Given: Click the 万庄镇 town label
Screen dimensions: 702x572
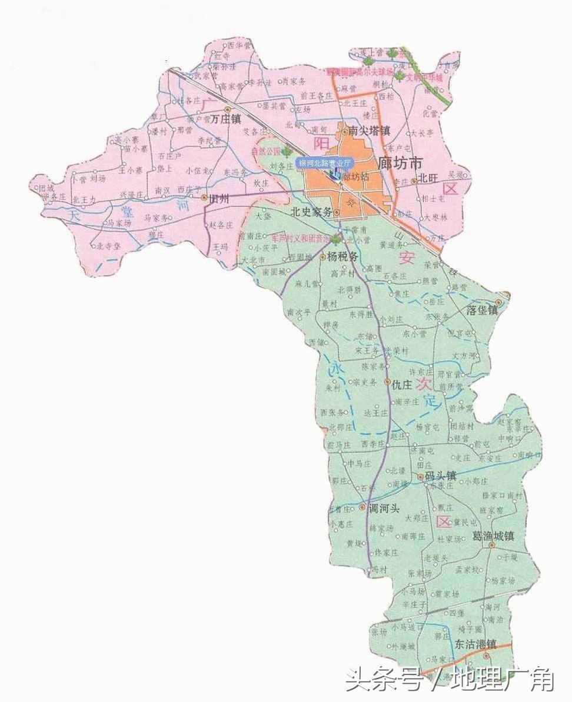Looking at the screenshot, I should [227, 119].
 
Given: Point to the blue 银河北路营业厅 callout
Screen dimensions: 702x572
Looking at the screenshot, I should [325, 163].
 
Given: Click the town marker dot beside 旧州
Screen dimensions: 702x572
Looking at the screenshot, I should [204, 198].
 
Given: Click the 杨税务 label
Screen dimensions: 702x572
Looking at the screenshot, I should [342, 257].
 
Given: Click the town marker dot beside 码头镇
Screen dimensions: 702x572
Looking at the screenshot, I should [420, 477].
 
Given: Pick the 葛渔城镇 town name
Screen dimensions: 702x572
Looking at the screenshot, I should [493, 536].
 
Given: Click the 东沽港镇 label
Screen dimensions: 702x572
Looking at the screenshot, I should [475, 644].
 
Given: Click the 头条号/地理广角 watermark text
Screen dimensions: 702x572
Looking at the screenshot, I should [450, 681].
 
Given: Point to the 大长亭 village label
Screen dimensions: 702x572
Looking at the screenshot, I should [422, 133].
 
